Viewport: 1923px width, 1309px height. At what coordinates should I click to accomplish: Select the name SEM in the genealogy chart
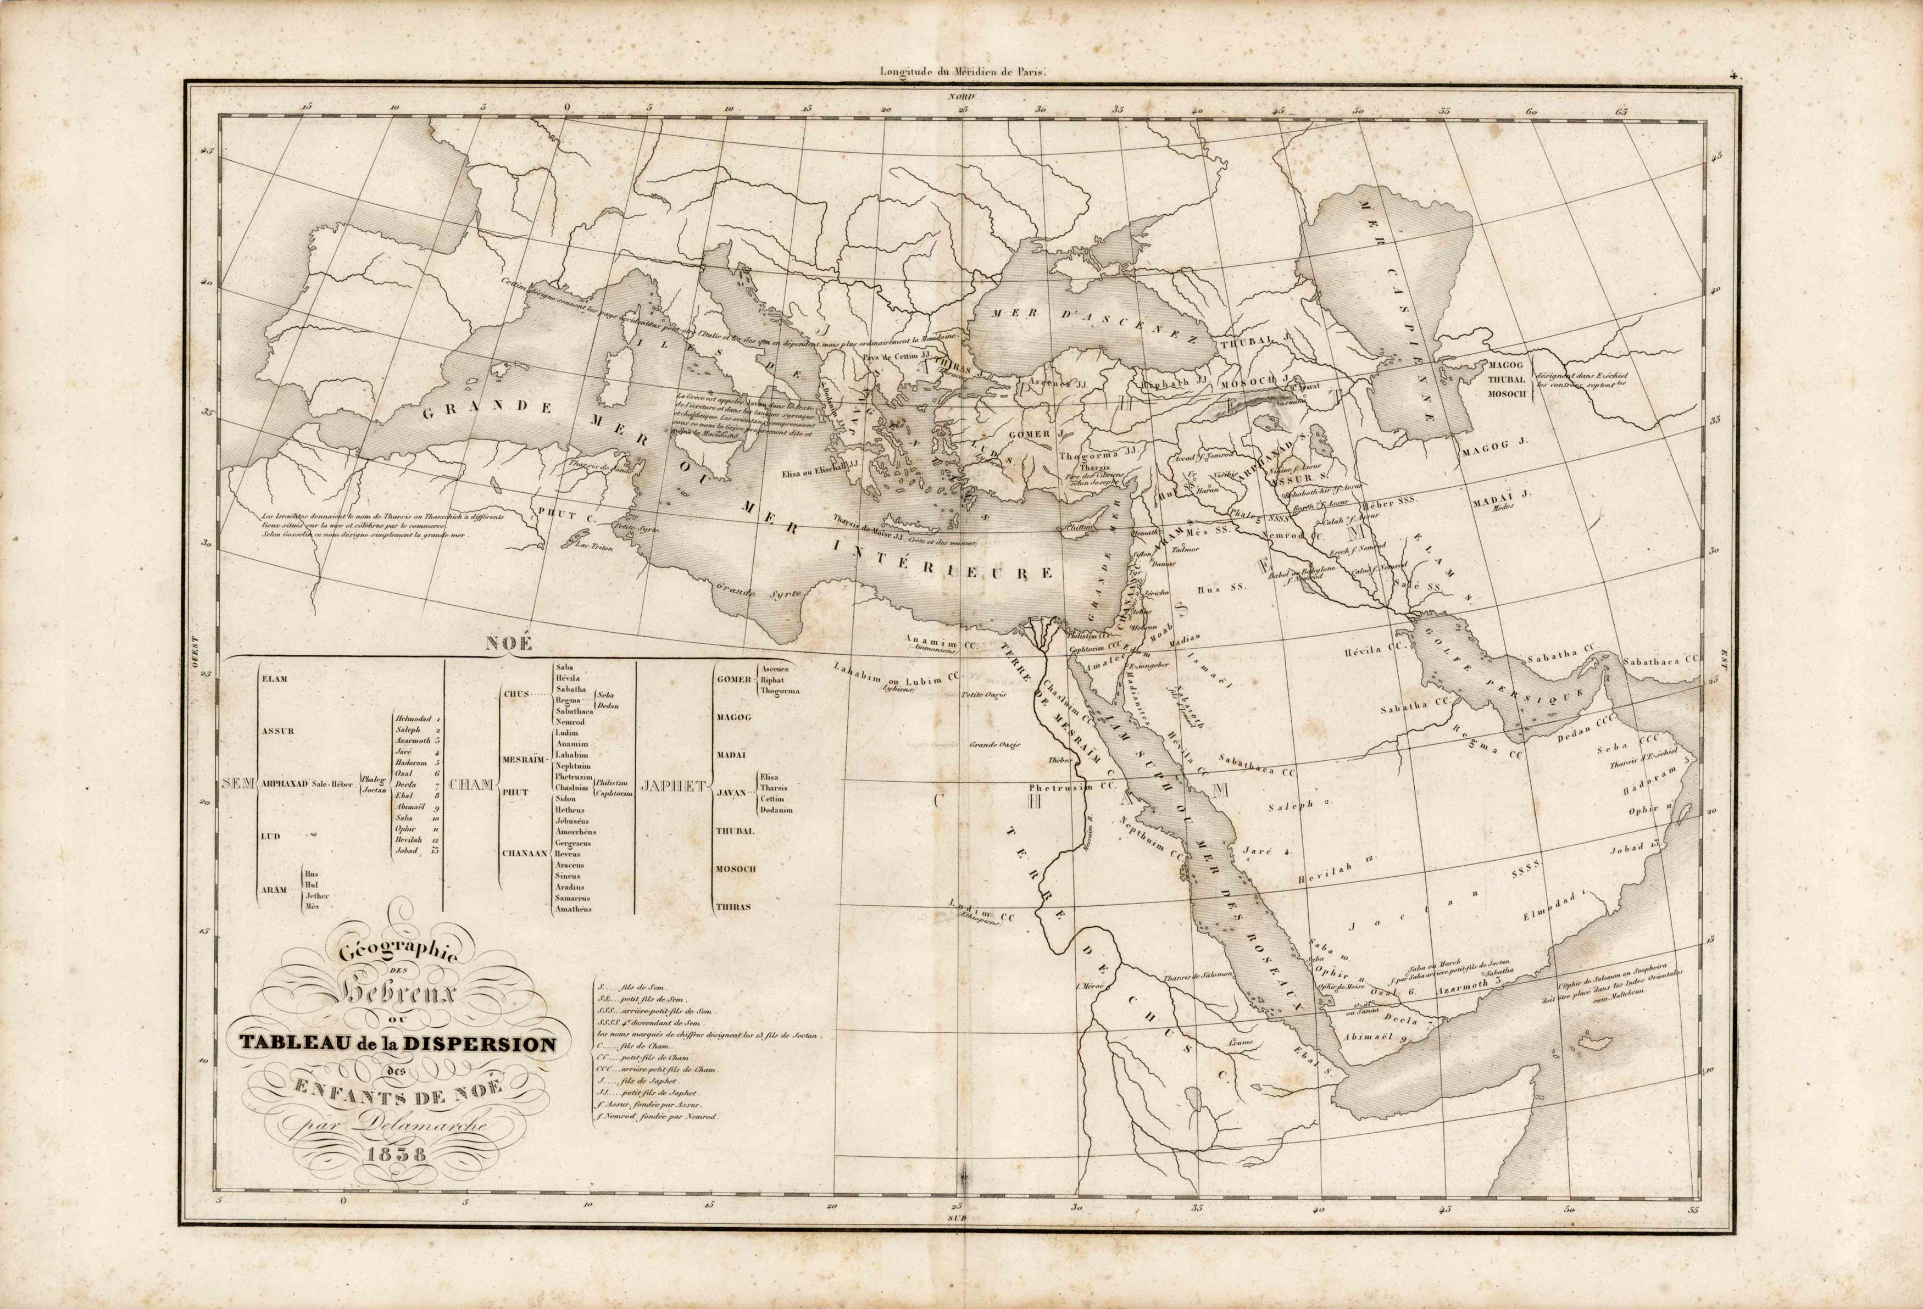239,782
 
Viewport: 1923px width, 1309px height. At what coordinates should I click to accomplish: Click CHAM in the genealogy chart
471,782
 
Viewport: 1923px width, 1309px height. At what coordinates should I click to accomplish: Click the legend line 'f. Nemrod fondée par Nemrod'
657,1116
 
